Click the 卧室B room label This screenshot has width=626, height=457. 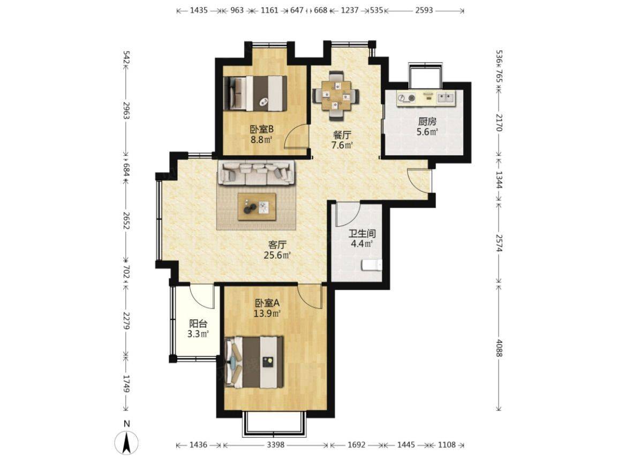tap(261, 130)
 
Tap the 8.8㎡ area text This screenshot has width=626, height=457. tap(261, 140)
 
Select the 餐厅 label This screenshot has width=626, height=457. tap(342, 135)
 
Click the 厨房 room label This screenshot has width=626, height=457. tap(427, 122)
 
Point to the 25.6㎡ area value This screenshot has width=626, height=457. tap(277, 255)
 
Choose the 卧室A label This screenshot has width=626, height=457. tap(267, 303)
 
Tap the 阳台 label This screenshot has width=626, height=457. tap(198, 324)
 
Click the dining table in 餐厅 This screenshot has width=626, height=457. tap(336, 95)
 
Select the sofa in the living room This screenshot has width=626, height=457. tap(257, 173)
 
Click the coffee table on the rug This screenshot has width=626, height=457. tap(257, 206)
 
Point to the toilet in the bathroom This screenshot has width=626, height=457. tap(372, 265)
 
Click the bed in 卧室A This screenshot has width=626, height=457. tap(254, 362)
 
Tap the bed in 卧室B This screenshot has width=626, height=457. tap(255, 93)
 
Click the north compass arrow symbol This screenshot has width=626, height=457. tap(126, 442)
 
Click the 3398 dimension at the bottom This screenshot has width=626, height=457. tap(275, 445)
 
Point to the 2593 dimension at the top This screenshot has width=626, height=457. tap(424, 10)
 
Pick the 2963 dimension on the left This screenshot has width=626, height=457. tap(126, 111)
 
